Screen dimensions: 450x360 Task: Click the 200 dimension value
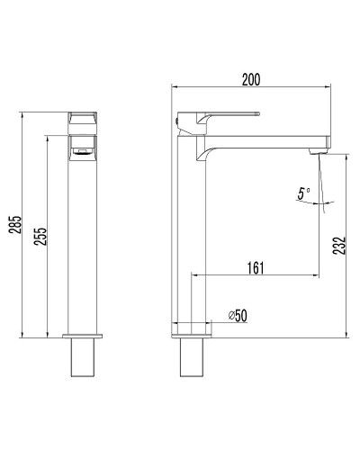tap(250, 80)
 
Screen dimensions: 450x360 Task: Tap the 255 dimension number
tap(41, 235)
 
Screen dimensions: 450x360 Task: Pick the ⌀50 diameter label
tap(239, 315)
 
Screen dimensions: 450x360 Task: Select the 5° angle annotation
tap(302, 193)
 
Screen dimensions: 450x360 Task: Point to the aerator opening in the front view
tap(83, 149)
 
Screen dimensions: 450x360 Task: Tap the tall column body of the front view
tap(83, 243)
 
